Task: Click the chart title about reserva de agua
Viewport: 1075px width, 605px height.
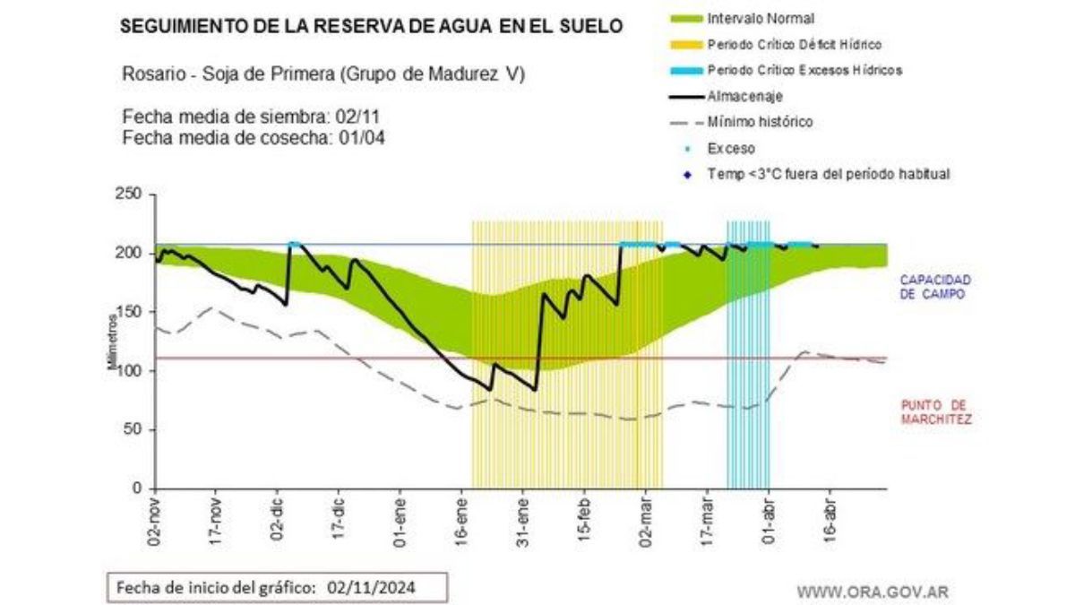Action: pos(371,27)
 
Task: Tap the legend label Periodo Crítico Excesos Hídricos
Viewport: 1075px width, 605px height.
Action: pos(804,70)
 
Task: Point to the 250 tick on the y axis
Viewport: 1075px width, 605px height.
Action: pos(131,194)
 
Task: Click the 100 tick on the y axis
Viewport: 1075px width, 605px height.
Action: pos(131,370)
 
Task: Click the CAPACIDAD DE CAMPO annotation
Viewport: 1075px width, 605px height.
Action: pos(935,287)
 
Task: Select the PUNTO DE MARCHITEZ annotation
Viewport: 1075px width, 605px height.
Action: pos(935,411)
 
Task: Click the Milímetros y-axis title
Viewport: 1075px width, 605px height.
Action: pos(113,341)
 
